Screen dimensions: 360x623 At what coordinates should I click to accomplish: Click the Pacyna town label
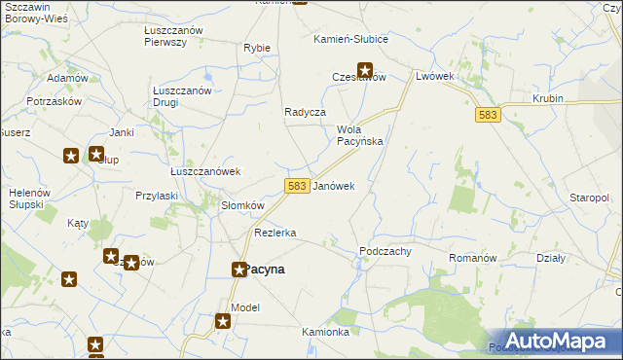coord(266,270)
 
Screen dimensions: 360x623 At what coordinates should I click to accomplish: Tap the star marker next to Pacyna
coord(238,270)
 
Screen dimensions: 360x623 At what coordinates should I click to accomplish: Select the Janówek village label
coord(334,186)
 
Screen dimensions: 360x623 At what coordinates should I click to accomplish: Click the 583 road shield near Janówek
coord(298,186)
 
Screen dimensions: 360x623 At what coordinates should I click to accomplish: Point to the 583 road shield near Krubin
coord(489,115)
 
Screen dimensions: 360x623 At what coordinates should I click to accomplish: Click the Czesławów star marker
coord(365,69)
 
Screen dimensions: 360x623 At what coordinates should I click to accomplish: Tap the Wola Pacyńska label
coord(359,135)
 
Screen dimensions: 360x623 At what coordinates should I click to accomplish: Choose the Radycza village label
coord(305,112)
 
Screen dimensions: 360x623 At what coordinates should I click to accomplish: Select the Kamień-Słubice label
coord(350,40)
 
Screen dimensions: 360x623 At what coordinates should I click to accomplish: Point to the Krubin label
coord(550,99)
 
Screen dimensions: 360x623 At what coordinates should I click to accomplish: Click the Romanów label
coord(473,258)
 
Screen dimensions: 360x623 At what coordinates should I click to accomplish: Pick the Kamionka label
coord(325,332)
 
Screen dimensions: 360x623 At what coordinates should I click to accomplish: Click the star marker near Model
coord(223,320)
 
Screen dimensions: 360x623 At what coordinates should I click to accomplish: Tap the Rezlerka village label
coord(275,234)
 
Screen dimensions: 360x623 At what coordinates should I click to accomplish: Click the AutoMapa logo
coord(554,341)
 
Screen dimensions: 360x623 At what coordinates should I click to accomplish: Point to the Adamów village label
coord(67,77)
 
